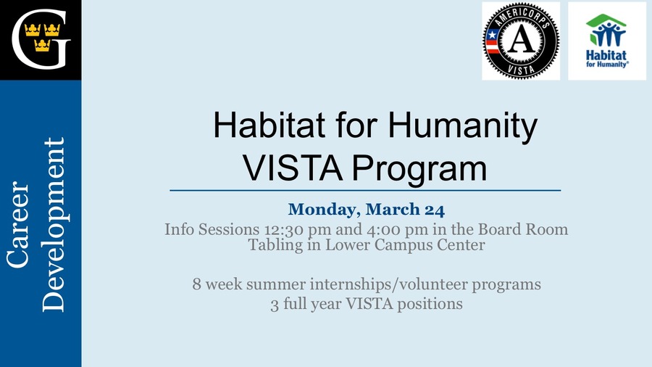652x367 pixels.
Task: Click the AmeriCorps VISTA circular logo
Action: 521,41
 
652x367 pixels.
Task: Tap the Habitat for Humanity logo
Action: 606,41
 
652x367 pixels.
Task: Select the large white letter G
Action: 41,40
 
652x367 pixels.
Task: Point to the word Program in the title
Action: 419,168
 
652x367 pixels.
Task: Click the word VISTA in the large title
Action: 293,168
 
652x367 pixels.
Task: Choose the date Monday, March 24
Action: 367,210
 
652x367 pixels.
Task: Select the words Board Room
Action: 522,229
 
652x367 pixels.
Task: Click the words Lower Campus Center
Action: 405,245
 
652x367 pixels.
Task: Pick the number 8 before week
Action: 196,284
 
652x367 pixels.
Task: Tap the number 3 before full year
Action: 275,305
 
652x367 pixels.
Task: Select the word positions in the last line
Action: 430,304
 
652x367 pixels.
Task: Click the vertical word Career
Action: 18,224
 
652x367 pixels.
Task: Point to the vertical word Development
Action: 53,225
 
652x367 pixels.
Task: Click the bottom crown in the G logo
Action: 42,45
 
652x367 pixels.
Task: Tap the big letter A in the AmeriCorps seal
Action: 522,41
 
